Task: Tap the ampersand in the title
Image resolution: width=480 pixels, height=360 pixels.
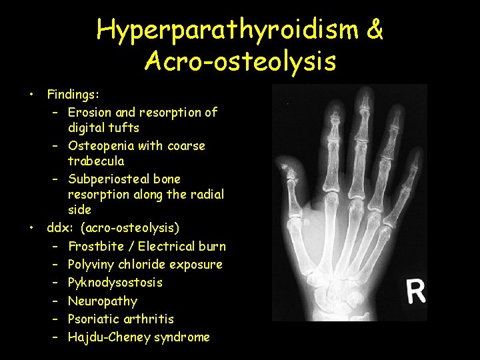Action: pos(375,31)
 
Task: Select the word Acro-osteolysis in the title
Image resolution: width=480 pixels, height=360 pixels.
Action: pos(240,62)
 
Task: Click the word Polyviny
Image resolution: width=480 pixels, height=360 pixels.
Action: pos(93,265)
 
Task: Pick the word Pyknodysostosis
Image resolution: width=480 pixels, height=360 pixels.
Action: pos(115,283)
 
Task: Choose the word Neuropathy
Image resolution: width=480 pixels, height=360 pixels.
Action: pos(103,301)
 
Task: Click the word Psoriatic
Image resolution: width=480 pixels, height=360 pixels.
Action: pos(94,319)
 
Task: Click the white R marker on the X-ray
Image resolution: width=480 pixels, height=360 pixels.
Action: pos(416,291)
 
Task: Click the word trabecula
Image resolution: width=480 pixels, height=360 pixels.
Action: pos(96,161)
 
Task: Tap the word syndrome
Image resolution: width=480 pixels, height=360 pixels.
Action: pos(182,337)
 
